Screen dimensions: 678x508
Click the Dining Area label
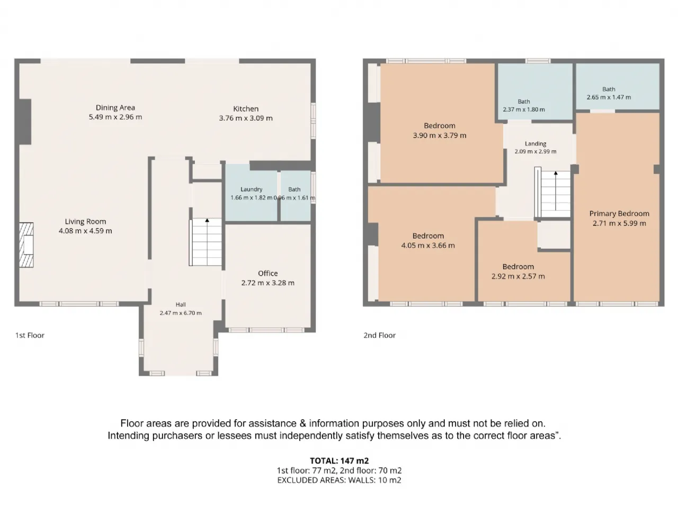115,107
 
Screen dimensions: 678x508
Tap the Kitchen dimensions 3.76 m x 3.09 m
246,118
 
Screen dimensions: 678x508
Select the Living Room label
85,222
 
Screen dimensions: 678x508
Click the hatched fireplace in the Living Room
26,245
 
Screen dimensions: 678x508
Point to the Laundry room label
252,189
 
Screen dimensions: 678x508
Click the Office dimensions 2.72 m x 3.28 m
268,283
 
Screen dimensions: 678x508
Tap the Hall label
181,305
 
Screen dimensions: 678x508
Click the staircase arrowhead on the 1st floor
207,220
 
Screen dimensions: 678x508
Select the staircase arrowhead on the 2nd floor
556,174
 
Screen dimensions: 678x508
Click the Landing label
536,144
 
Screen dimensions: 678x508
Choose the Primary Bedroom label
619,213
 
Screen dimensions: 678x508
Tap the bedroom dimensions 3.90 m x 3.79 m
440,135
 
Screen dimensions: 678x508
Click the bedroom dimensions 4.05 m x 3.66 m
428,246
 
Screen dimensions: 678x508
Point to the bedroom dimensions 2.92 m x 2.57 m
518,276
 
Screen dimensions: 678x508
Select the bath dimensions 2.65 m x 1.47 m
609,97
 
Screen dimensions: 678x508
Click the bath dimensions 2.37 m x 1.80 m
524,110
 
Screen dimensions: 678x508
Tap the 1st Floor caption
30,335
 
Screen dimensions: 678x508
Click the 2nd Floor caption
379,335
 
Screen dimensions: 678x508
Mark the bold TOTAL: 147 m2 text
339,461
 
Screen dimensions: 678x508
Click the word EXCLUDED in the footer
296,480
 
